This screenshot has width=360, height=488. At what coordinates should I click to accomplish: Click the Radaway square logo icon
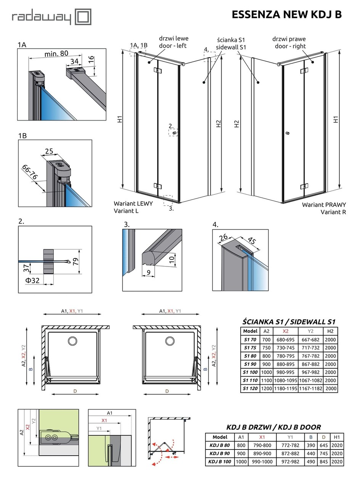click(x=82, y=17)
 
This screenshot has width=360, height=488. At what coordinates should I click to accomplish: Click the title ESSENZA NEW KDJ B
click(x=286, y=14)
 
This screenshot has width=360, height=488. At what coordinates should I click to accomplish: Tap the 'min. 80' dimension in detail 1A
click(x=56, y=54)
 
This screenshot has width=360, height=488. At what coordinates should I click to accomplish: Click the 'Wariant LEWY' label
click(x=133, y=204)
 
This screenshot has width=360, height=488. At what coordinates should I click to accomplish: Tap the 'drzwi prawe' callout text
click(x=289, y=39)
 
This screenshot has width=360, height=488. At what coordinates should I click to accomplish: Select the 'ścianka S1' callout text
click(x=231, y=40)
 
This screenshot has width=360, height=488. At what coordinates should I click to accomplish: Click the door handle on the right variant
click(x=287, y=133)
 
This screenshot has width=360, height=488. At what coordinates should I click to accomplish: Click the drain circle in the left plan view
click(x=72, y=340)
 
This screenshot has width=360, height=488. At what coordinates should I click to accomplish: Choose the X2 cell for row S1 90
click(x=285, y=364)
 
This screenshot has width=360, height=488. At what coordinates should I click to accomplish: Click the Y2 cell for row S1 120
click(x=310, y=388)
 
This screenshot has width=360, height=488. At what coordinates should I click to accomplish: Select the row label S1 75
click(x=250, y=348)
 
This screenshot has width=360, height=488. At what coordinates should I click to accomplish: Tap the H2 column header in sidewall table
click(x=330, y=331)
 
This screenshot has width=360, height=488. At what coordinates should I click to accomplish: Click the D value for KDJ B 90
click(x=324, y=454)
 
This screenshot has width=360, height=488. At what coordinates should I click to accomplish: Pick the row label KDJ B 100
click(x=220, y=462)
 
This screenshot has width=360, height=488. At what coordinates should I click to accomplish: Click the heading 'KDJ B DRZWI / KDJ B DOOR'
click(x=273, y=427)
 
